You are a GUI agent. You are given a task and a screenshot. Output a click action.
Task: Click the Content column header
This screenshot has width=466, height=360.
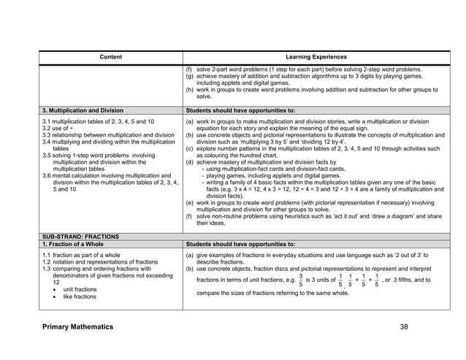tap(111, 55)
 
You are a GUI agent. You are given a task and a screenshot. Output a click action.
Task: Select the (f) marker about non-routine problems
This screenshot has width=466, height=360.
tap(190, 217)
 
